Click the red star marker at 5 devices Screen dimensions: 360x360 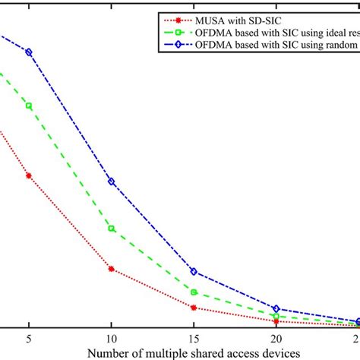click(29, 175)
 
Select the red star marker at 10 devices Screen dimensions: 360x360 click(112, 269)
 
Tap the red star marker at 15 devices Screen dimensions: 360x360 click(194, 308)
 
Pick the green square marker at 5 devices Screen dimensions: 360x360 click(29, 106)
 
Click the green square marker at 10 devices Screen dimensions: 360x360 click(112, 229)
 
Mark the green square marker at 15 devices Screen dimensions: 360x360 click(194, 292)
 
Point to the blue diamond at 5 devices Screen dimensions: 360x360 click(29, 52)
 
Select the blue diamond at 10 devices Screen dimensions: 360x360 click(112, 182)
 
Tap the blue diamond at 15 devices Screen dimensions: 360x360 click(194, 271)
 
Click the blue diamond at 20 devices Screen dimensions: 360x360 click(276, 309)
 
